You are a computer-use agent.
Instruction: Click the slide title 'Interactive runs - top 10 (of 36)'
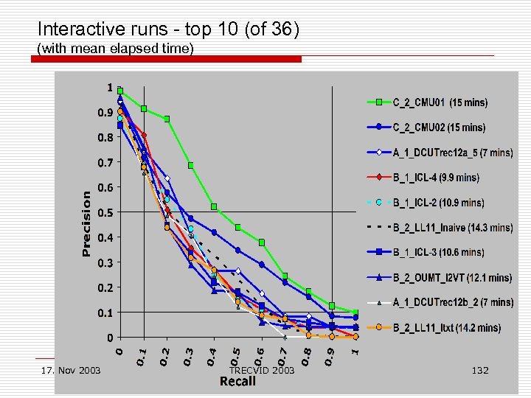pyautogui.click(x=168, y=29)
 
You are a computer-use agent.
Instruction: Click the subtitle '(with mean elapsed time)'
pyautogui.click(x=115, y=49)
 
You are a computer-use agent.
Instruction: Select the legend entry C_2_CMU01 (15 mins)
pyautogui.click(x=440, y=102)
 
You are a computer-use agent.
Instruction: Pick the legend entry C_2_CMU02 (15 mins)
pyautogui.click(x=438, y=128)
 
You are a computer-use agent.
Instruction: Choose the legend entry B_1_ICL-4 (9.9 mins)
pyautogui.click(x=435, y=178)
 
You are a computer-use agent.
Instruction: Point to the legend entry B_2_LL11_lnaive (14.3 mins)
pyautogui.click(x=451, y=228)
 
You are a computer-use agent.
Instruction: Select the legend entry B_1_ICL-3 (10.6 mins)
pyautogui.click(x=437, y=252)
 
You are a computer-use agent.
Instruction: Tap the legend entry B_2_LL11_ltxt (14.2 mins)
pyautogui.click(x=445, y=327)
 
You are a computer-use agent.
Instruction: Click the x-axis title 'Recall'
pyautogui.click(x=237, y=380)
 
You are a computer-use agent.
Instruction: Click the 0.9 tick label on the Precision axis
pyautogui.click(x=105, y=113)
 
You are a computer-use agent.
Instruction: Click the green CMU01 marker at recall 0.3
pyautogui.click(x=191, y=165)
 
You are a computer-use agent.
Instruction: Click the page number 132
pyautogui.click(x=480, y=370)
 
